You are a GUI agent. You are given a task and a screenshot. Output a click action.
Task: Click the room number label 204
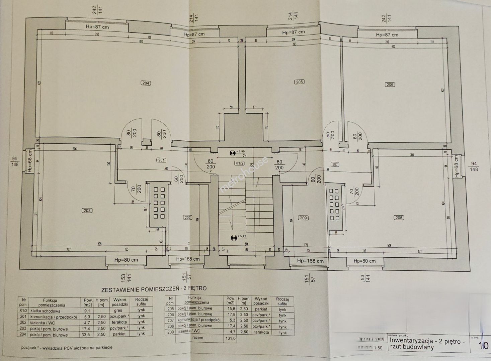coord(146,83)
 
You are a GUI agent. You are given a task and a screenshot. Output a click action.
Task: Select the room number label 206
coord(390,85)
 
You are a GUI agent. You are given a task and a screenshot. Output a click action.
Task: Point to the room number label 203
coord(87,211)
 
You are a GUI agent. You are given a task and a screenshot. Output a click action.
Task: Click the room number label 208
coord(399,218)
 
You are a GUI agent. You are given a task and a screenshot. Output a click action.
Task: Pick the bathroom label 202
coord(188,218)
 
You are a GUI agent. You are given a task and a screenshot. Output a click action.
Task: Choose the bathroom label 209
coord(304,218)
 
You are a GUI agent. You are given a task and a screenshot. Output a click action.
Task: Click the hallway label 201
coord(161,160)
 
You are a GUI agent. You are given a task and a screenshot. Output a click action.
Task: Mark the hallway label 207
coord(335,164)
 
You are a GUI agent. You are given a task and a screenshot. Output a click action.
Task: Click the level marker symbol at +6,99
coord(232,153)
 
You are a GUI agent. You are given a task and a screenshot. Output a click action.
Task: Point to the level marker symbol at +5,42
coord(233,238)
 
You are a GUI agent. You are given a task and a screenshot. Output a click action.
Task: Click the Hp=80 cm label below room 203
coord(126,260)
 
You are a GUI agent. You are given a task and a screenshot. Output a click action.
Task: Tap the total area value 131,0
coord(231,338)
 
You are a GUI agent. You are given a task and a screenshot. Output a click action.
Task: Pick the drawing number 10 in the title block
coord(483,346)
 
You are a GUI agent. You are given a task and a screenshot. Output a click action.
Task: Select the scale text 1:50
coord(378,348)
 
